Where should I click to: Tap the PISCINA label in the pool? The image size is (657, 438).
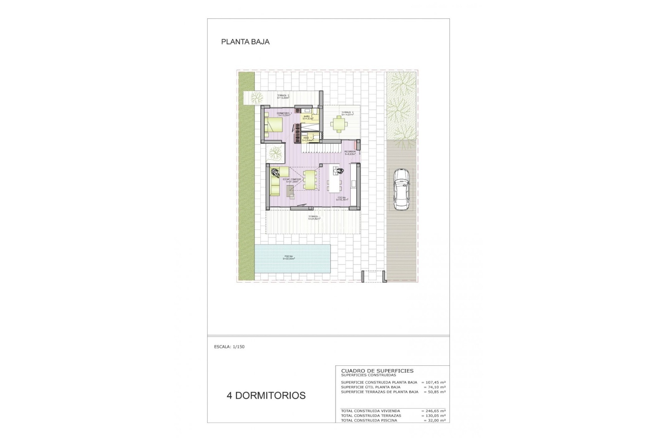[289, 257]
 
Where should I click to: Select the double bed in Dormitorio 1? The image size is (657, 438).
[274, 126]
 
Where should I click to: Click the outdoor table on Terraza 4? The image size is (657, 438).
[338, 124]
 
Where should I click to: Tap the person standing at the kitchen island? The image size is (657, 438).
[339, 171]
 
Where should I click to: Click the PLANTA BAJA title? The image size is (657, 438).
[245, 42]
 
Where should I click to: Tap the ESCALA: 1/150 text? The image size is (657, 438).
[229, 347]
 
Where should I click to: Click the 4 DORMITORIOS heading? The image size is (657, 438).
[266, 396]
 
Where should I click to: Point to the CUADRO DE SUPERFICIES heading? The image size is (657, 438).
[377, 371]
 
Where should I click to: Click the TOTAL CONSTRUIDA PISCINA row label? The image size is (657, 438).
[369, 421]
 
